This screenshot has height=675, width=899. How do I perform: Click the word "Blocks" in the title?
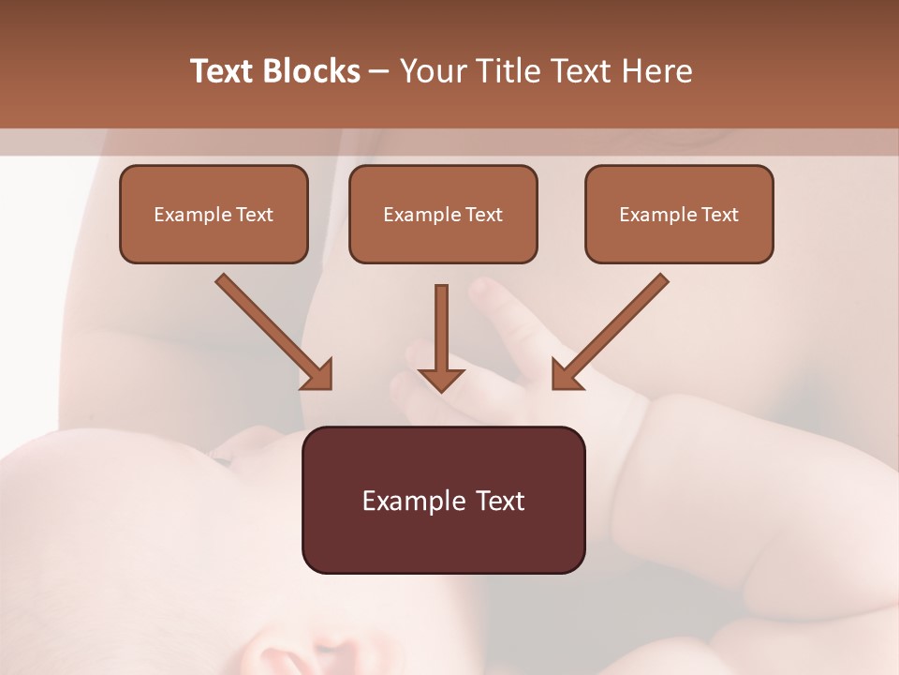tap(313, 71)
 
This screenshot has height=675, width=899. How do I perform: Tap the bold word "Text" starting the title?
tap(224, 71)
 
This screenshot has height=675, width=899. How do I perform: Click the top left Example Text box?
tap(214, 214)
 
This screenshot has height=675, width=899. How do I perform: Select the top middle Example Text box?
tap(443, 214)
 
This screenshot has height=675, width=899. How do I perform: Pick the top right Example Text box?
tap(679, 214)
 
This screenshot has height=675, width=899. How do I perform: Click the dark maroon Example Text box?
tap(443, 500)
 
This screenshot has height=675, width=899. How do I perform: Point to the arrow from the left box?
tap(272, 328)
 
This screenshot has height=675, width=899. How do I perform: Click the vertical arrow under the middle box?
tap(441, 328)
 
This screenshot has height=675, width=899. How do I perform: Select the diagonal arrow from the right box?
tap(613, 328)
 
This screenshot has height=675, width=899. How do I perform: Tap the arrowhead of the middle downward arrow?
tap(441, 380)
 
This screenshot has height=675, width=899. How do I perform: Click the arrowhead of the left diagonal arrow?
tap(318, 375)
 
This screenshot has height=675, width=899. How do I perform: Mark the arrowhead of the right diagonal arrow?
tap(566, 375)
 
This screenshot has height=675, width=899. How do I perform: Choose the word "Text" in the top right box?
tap(720, 214)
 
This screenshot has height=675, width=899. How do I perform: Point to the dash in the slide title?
tap(379, 71)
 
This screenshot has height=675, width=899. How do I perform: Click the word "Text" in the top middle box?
tap(484, 214)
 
